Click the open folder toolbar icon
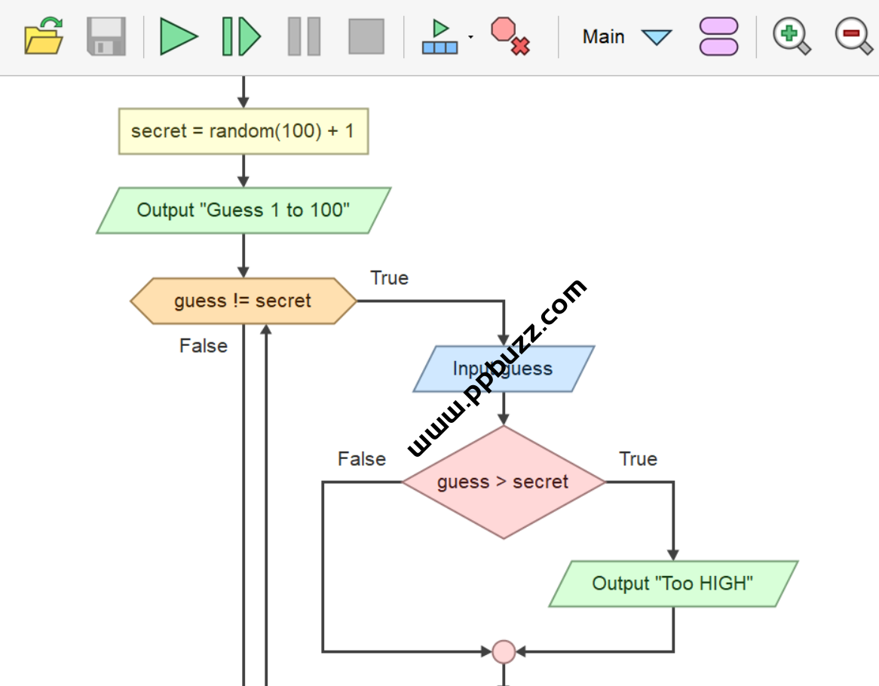click(44, 36)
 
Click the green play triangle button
click(179, 36)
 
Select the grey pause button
click(304, 36)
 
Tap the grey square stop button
click(366, 36)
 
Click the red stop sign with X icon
click(510, 36)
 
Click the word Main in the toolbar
click(603, 36)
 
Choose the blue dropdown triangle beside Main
click(656, 37)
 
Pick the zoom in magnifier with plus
click(791, 36)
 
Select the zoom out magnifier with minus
click(853, 36)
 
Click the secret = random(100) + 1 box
click(243, 131)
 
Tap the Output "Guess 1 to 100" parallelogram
click(243, 210)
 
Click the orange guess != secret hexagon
click(243, 301)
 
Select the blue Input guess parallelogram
click(504, 369)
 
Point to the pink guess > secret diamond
click(503, 482)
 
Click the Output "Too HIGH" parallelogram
click(672, 583)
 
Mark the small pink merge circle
click(504, 651)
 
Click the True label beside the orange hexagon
click(389, 278)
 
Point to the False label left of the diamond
click(362, 459)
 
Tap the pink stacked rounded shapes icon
click(718, 36)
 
